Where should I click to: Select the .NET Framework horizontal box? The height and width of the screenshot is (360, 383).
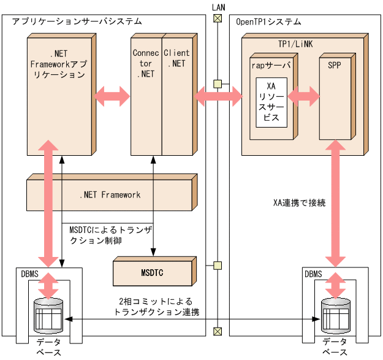pos(110,195)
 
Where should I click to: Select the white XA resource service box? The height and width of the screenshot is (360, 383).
pos(271,102)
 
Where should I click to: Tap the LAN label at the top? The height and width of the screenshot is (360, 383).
pos(216,6)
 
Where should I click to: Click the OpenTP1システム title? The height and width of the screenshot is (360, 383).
pos(268,22)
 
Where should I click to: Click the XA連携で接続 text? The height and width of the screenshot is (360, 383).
pos(300,202)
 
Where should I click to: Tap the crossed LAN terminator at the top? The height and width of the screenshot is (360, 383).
pos(216,18)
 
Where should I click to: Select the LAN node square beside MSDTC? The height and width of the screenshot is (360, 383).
pos(216,266)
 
